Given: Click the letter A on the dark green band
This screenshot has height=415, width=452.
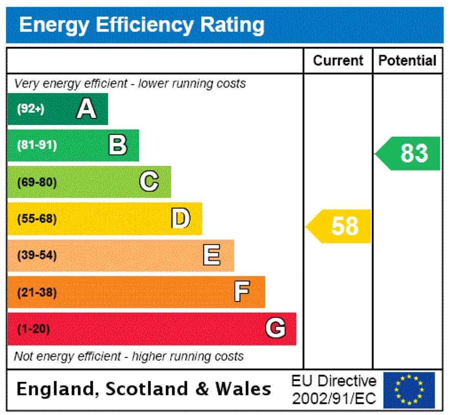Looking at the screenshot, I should pyautogui.click(x=86, y=109).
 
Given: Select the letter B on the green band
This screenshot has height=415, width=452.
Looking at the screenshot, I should pyautogui.click(x=118, y=145).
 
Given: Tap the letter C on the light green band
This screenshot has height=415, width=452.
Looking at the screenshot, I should pyautogui.click(x=149, y=182).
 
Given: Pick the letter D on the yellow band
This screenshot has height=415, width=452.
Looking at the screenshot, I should pyautogui.click(x=181, y=218).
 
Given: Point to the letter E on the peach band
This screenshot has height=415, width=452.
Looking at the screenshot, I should pyautogui.click(x=212, y=255).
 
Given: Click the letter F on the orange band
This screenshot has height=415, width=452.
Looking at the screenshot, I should pyautogui.click(x=242, y=292).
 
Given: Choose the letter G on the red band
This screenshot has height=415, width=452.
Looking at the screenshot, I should pyautogui.click(x=275, y=328).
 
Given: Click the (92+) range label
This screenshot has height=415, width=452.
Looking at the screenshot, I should pyautogui.click(x=31, y=109).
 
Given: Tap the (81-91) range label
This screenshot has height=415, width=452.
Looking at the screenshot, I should pyautogui.click(x=37, y=145).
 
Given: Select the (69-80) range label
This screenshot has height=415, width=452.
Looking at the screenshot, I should pyautogui.click(x=37, y=182).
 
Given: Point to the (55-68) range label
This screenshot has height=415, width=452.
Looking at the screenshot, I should pyautogui.click(x=37, y=219).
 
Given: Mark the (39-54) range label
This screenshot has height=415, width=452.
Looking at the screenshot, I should pyautogui.click(x=37, y=255).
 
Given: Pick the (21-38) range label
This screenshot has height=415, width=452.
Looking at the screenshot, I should pyautogui.click(x=37, y=292).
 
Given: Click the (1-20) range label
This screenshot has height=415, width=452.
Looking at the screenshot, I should pyautogui.click(x=34, y=329).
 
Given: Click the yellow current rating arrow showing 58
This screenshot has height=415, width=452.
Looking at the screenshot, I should pyautogui.click(x=340, y=226).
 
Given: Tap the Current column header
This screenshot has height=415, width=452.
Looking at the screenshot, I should pyautogui.click(x=338, y=61).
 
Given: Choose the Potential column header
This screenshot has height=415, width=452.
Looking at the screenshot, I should pyautogui.click(x=407, y=61).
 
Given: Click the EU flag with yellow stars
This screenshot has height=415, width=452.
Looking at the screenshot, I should pyautogui.click(x=409, y=390).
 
